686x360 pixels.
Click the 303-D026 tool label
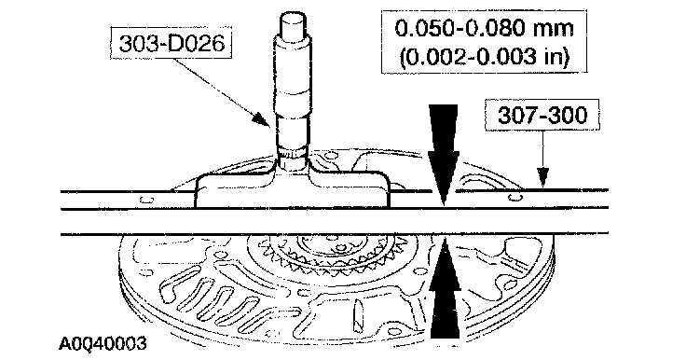(x=171, y=44)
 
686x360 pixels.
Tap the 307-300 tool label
(x=542, y=115)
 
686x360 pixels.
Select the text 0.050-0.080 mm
(x=484, y=29)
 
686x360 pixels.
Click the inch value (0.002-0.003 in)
(x=485, y=57)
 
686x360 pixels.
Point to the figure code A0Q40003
(x=103, y=343)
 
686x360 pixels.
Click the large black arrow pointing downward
(x=444, y=154)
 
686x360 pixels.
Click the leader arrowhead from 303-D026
(x=262, y=119)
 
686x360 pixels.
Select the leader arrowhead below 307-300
(x=542, y=177)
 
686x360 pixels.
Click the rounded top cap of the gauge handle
(x=293, y=24)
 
